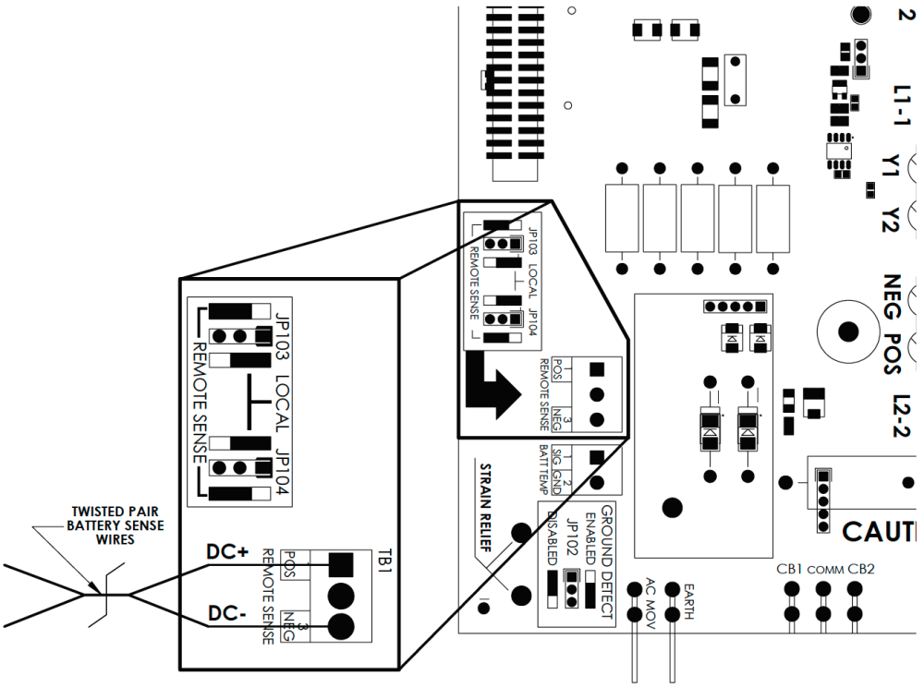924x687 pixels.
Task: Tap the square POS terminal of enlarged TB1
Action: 341,563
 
